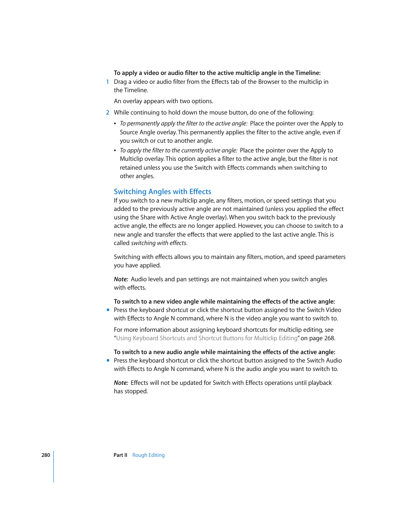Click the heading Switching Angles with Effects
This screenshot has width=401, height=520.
(x=162, y=192)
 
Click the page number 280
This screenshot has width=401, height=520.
(x=45, y=455)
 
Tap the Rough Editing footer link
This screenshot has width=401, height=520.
(x=148, y=455)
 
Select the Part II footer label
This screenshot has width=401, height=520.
(x=120, y=455)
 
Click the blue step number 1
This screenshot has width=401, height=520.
(x=108, y=82)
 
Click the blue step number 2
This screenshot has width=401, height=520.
(x=108, y=112)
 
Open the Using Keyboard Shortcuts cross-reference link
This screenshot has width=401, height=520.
(x=207, y=338)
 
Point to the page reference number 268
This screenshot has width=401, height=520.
(x=329, y=338)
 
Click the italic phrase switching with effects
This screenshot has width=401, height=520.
(x=159, y=243)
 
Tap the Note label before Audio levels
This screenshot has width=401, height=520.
(x=121, y=279)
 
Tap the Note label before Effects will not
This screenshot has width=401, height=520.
(x=121, y=383)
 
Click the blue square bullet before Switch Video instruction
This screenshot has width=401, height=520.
(x=108, y=310)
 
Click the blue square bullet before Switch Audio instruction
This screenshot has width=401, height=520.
(x=108, y=360)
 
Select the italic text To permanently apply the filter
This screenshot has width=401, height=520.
(x=184, y=123)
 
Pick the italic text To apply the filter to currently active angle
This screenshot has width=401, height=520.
(x=179, y=150)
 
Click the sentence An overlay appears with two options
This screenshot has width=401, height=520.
(x=164, y=101)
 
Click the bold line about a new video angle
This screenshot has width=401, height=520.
(x=224, y=301)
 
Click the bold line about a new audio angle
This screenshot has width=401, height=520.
(x=224, y=352)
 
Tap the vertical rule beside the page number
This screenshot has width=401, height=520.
(x=54, y=467)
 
